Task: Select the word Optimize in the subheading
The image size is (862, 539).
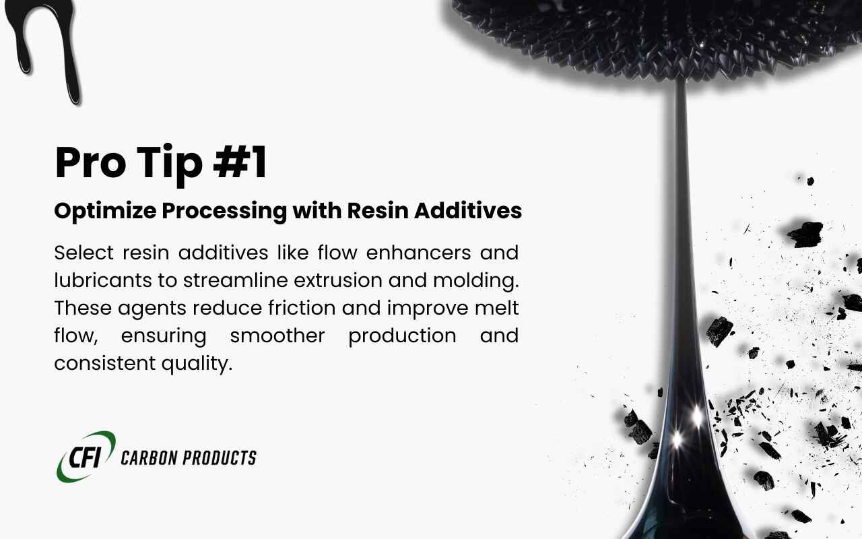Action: click(103, 212)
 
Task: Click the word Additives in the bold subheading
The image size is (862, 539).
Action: click(468, 211)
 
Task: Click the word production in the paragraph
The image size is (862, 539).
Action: click(402, 336)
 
